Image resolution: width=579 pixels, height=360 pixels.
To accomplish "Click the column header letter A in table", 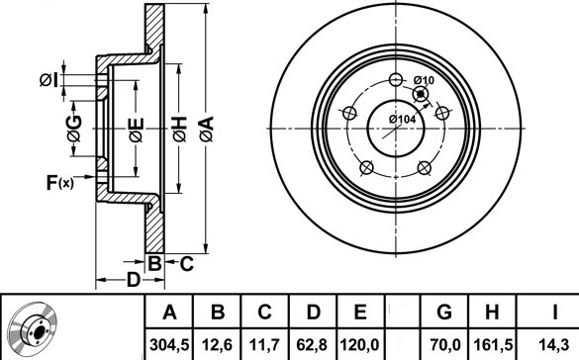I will [170, 313].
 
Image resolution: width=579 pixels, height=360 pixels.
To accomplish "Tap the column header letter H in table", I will [493, 313].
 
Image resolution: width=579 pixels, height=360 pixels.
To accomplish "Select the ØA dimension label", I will [205, 127].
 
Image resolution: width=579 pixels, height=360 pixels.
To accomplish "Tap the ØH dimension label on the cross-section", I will [179, 127].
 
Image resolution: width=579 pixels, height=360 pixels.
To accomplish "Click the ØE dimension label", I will [136, 128].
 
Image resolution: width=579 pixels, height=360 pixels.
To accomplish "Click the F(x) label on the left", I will [58, 182].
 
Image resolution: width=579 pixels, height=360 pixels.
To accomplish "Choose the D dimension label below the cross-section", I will [133, 279].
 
